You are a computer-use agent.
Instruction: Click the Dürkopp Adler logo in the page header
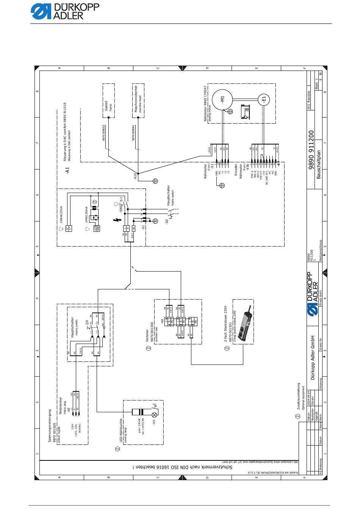[x=65, y=12]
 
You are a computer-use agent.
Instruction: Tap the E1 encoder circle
[x=264, y=100]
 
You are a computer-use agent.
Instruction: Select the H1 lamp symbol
[x=154, y=411]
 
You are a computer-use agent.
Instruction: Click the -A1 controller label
[x=67, y=170]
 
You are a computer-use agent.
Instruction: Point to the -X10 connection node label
[x=135, y=176]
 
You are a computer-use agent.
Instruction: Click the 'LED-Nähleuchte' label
[x=121, y=430]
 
